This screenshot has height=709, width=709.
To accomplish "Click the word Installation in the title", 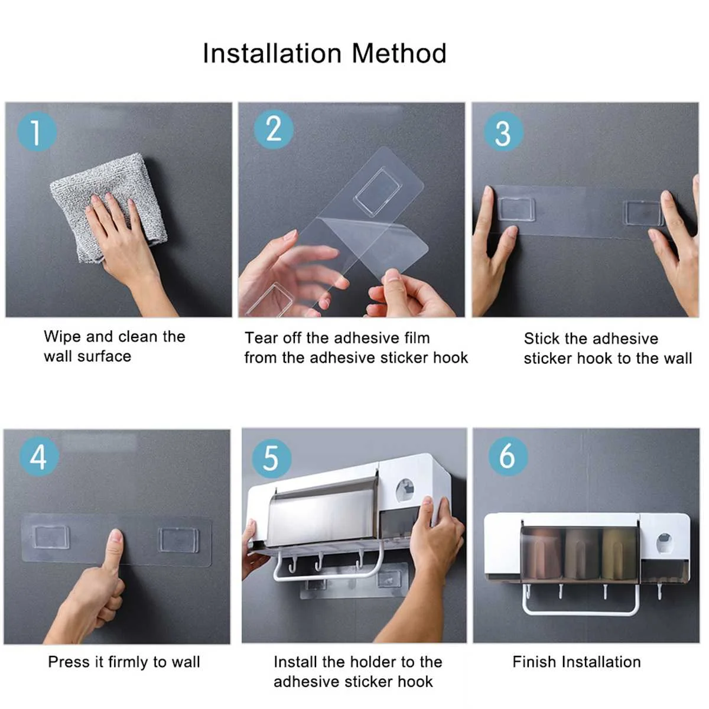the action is [272, 54].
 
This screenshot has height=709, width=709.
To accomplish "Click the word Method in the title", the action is [399, 54].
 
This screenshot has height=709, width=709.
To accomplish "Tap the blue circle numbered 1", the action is [37, 132].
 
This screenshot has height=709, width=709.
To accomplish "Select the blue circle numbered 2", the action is [274, 129].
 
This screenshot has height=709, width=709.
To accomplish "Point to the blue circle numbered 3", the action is [503, 132].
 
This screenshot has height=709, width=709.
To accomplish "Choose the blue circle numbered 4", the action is [39, 457].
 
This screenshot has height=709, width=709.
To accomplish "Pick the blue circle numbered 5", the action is [272, 458].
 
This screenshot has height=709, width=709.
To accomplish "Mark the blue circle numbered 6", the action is [508, 456].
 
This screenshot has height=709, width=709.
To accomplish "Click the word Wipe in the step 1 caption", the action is [61, 336].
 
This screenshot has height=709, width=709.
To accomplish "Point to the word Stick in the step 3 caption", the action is [540, 339].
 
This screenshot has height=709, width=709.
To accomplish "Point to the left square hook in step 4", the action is [51, 536].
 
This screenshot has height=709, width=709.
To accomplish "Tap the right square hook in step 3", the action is [643, 213].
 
